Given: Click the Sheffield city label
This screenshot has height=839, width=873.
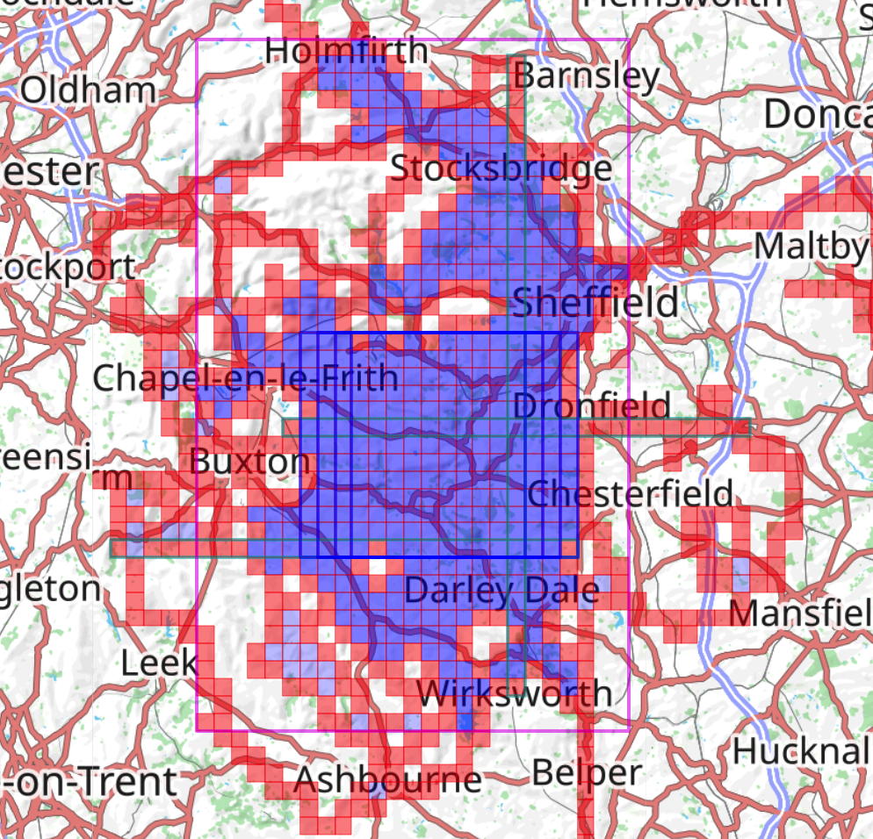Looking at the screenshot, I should pyautogui.click(x=595, y=303).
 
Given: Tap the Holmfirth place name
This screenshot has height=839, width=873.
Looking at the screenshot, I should pyautogui.click(x=346, y=51).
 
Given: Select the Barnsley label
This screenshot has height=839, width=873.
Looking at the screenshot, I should pyautogui.click(x=586, y=76).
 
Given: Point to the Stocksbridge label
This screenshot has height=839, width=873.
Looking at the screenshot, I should pyautogui.click(x=501, y=168).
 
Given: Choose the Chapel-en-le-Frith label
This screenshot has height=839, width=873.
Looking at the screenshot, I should pyautogui.click(x=245, y=378).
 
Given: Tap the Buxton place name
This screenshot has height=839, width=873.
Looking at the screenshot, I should pyautogui.click(x=250, y=461).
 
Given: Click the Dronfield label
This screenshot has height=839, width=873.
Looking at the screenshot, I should pyautogui.click(x=591, y=405).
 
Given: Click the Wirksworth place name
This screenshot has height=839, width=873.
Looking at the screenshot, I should pyautogui.click(x=515, y=693).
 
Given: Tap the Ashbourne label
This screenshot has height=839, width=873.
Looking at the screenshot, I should pyautogui.click(x=388, y=778).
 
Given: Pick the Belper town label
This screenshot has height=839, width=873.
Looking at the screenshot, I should pyautogui.click(x=587, y=773).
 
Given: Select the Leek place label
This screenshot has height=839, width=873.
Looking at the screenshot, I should pyautogui.click(x=159, y=663).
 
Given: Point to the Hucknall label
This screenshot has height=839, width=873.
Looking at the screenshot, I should pyautogui.click(x=801, y=751).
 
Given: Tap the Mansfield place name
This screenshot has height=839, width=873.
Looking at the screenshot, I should pyautogui.click(x=799, y=611).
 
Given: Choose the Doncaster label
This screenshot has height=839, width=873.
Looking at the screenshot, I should pyautogui.click(x=817, y=114).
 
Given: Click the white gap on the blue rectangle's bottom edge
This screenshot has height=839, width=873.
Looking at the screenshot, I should pyautogui.click(x=379, y=557).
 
